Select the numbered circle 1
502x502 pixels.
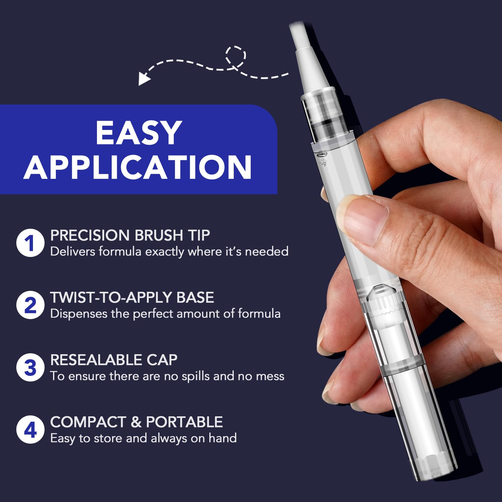tap(30, 243)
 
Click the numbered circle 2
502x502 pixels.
tap(30, 305)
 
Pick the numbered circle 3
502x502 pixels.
tap(30, 367)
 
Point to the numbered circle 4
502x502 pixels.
tap(30, 430)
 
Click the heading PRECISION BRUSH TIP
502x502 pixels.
tap(130, 235)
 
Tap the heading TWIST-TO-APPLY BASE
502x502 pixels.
tap(132, 297)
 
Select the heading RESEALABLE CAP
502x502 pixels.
tap(114, 360)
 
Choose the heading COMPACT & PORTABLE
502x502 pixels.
tap(136, 422)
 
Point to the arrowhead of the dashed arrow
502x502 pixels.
tap(144, 78)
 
